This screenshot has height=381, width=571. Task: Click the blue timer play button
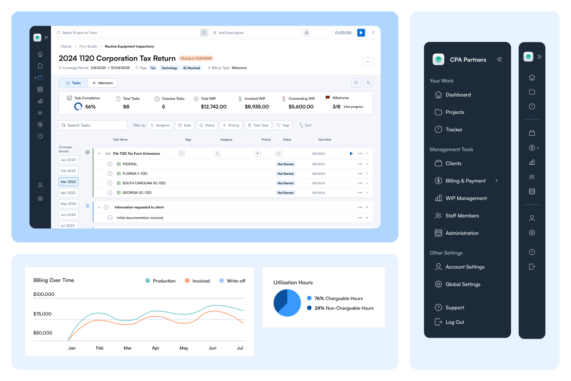click(x=361, y=33)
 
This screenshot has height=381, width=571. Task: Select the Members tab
click(x=103, y=83)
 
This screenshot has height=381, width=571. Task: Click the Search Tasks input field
click(x=93, y=125)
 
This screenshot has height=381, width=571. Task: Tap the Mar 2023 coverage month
click(x=69, y=182)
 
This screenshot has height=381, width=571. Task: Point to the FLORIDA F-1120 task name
click(x=135, y=174)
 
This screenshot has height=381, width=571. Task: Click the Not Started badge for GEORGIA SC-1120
click(x=285, y=193)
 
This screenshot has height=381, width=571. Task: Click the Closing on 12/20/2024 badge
click(x=196, y=59)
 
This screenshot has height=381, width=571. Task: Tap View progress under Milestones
click(x=353, y=107)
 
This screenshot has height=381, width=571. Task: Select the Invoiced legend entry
click(x=197, y=281)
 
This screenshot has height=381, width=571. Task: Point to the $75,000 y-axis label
click(x=42, y=314)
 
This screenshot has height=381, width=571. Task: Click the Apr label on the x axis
click(x=156, y=348)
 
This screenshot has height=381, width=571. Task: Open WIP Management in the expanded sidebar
click(x=466, y=198)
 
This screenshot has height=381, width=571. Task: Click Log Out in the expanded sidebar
click(x=454, y=322)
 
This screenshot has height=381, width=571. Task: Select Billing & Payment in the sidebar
click(x=465, y=181)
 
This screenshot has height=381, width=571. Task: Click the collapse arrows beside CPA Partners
click(x=499, y=60)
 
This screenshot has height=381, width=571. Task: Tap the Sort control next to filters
click(x=305, y=125)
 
